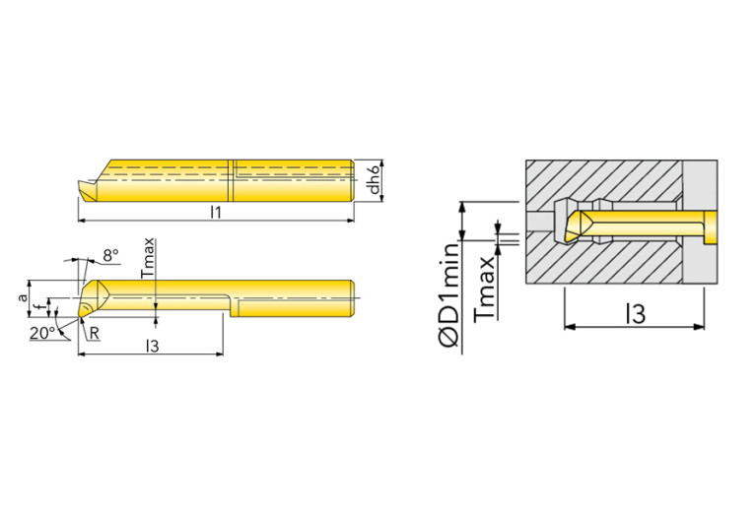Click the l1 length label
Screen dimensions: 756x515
[x=216, y=212]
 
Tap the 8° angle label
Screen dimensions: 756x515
[x=110, y=255]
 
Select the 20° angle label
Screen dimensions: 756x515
[x=42, y=333]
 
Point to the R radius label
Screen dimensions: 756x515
[x=94, y=333]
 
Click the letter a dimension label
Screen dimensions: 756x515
[x=23, y=298]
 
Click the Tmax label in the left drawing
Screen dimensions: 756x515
[x=148, y=257]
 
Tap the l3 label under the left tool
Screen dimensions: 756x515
[x=152, y=346]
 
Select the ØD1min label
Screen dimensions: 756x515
[x=448, y=294]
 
